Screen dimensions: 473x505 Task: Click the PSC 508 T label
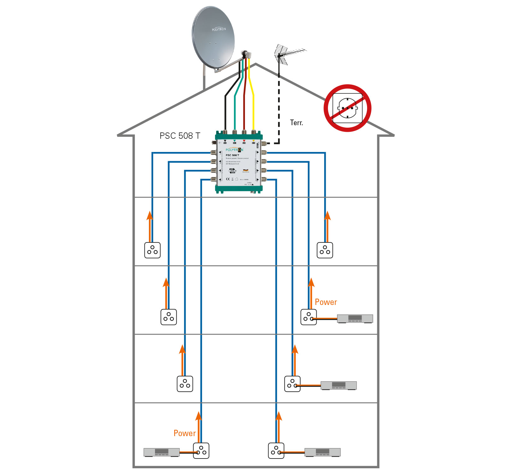click(180, 136)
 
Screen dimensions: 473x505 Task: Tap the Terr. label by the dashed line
click(296, 123)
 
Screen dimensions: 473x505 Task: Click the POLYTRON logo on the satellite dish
click(219, 29)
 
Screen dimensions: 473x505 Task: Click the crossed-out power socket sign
click(347, 108)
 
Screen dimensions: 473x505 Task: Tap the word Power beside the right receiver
click(326, 302)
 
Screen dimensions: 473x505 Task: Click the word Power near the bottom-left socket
click(185, 433)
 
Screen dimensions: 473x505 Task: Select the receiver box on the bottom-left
click(162, 452)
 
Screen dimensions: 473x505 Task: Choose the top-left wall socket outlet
click(152, 250)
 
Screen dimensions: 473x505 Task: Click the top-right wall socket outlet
click(325, 250)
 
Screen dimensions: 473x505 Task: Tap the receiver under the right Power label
click(355, 318)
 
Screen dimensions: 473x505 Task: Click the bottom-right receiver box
click(322, 452)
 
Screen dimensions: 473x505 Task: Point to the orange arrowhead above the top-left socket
click(150, 215)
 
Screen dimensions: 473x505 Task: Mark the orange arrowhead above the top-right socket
click(327, 215)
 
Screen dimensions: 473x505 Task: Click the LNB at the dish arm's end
click(247, 54)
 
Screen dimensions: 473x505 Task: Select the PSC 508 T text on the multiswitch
click(232, 155)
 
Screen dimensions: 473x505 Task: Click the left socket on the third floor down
click(185, 384)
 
